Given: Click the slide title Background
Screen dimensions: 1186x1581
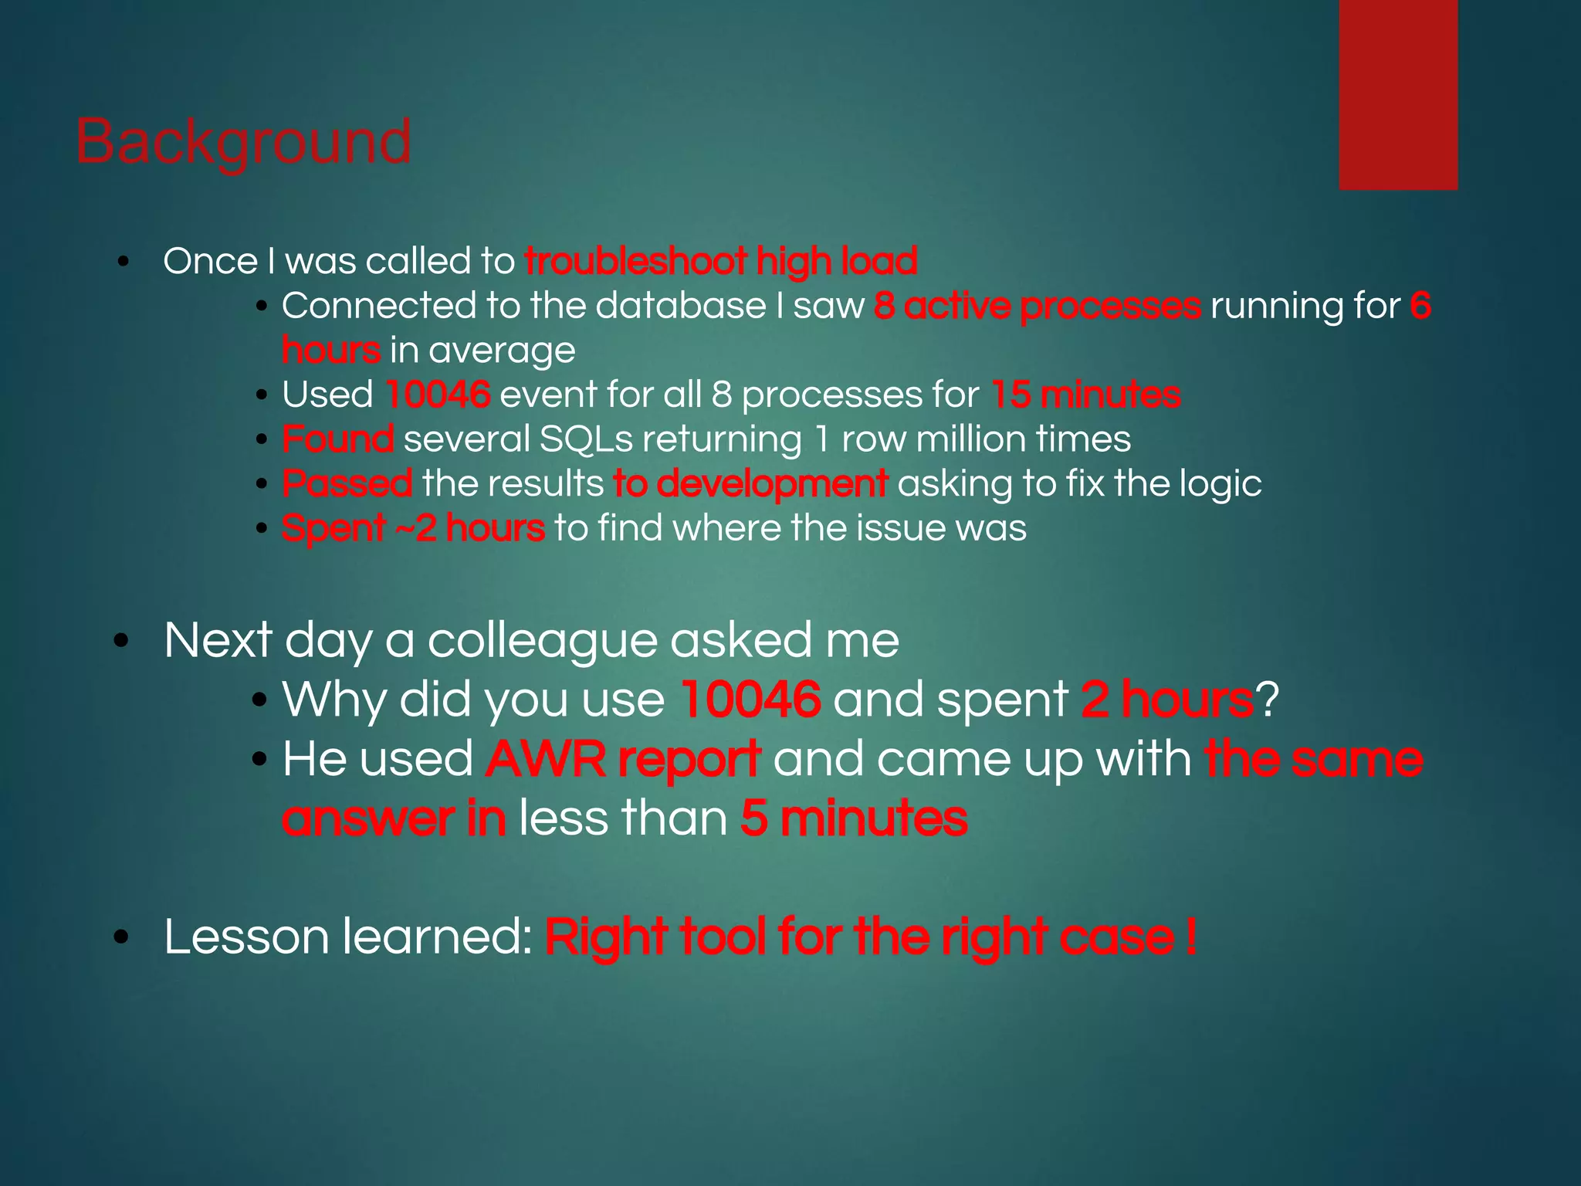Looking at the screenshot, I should pyautogui.click(x=243, y=142).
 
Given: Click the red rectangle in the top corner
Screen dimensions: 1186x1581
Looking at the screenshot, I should pyautogui.click(x=1397, y=94).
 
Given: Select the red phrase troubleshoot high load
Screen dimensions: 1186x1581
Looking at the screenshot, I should pyautogui.click(x=720, y=261).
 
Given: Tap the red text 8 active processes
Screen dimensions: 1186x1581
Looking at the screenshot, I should pyautogui.click(x=1037, y=306).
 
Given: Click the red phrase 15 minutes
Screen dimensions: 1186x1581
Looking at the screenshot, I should pyautogui.click(x=1085, y=395).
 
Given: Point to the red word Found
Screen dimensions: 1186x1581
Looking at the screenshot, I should pyautogui.click(x=337, y=439).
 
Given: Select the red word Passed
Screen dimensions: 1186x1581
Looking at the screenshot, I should pyautogui.click(x=347, y=484).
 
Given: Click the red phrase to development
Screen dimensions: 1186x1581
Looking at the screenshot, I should pyautogui.click(x=750, y=484).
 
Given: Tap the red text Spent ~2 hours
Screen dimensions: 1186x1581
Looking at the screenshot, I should pyautogui.click(x=413, y=528).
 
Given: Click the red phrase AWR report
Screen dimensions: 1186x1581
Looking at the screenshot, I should pyautogui.click(x=623, y=759).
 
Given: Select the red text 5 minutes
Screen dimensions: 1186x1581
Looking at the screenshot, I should pyautogui.click(x=853, y=818).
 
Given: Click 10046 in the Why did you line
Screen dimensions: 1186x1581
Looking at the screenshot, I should pyautogui.click(x=750, y=700).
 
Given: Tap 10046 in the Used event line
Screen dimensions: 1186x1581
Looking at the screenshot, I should pyautogui.click(x=437, y=395).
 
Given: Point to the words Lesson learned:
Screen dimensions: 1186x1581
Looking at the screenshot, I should pyautogui.click(x=347, y=937).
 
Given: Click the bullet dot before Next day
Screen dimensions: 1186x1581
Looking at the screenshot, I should pyautogui.click(x=121, y=642).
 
